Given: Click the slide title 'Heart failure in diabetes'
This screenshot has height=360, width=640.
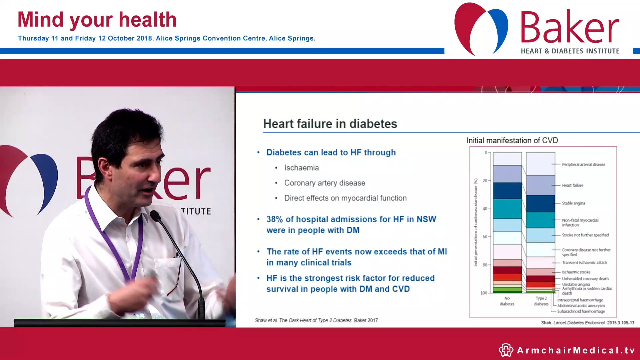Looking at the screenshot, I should (x=330, y=124).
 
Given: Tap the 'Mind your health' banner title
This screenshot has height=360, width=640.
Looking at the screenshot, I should (x=97, y=20).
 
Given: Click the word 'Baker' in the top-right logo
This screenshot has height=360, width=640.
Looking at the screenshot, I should (x=569, y=27).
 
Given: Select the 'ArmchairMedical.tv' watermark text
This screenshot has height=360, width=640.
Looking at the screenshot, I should (x=576, y=350).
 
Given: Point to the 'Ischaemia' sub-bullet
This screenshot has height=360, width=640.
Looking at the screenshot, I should (x=301, y=168).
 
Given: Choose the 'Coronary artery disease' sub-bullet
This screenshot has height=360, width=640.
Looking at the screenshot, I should (x=324, y=183).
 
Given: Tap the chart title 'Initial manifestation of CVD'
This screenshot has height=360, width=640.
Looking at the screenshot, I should (x=512, y=140).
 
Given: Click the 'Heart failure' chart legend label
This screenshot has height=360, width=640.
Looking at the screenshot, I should (x=572, y=185).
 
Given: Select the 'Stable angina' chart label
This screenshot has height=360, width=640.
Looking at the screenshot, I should (x=573, y=203).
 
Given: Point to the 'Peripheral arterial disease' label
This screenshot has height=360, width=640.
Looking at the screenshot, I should (x=583, y=164).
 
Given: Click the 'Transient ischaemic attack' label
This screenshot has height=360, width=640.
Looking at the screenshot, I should (x=584, y=263).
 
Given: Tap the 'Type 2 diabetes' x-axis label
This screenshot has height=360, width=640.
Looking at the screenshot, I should (x=541, y=301).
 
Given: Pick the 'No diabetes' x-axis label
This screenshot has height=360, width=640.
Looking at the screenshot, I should (x=507, y=301).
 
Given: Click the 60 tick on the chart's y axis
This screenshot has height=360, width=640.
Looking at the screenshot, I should (x=485, y=237).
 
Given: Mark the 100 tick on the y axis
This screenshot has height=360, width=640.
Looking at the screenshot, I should (x=484, y=293).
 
